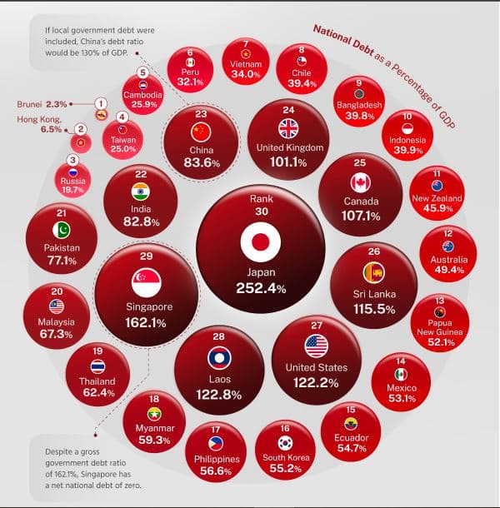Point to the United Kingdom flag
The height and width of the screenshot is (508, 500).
(288, 128)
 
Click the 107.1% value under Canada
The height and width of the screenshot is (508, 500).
(361, 216)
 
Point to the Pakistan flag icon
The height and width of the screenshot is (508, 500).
(62, 230)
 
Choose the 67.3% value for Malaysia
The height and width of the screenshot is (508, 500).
(56, 335)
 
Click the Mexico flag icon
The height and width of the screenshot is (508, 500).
(401, 374)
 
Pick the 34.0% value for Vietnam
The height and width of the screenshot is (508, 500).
(246, 74)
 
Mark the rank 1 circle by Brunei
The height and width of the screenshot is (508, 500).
(101, 102)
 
